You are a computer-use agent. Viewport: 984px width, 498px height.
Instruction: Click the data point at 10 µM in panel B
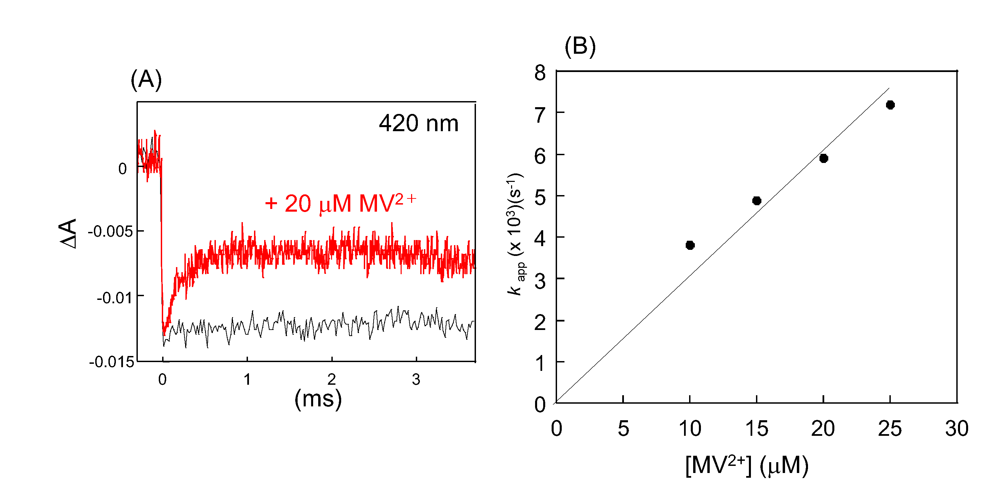pos(690,245)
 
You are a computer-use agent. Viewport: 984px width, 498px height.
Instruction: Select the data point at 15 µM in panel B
pos(757,200)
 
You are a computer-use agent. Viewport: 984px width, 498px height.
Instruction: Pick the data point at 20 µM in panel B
pos(824,158)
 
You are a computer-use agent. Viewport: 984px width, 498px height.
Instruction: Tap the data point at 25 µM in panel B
pos(890,105)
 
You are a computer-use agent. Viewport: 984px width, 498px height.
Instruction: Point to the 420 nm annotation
pos(418,123)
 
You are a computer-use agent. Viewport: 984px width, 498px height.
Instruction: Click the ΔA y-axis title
pos(68,234)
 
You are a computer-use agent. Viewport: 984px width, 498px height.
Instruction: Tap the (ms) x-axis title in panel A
pos(318,399)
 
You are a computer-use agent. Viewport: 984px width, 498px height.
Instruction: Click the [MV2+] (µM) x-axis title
pos(747,465)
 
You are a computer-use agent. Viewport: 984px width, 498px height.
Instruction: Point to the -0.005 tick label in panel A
pos(110,231)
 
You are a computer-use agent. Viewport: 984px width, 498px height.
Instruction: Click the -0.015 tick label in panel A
pos(111,361)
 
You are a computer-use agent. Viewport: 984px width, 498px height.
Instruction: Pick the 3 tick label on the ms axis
pos(416,380)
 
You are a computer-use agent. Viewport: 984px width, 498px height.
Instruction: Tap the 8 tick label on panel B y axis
pos(540,73)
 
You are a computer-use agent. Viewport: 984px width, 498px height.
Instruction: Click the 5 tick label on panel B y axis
pos(540,197)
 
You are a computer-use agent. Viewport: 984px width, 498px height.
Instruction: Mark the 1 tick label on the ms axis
pos(247,380)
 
